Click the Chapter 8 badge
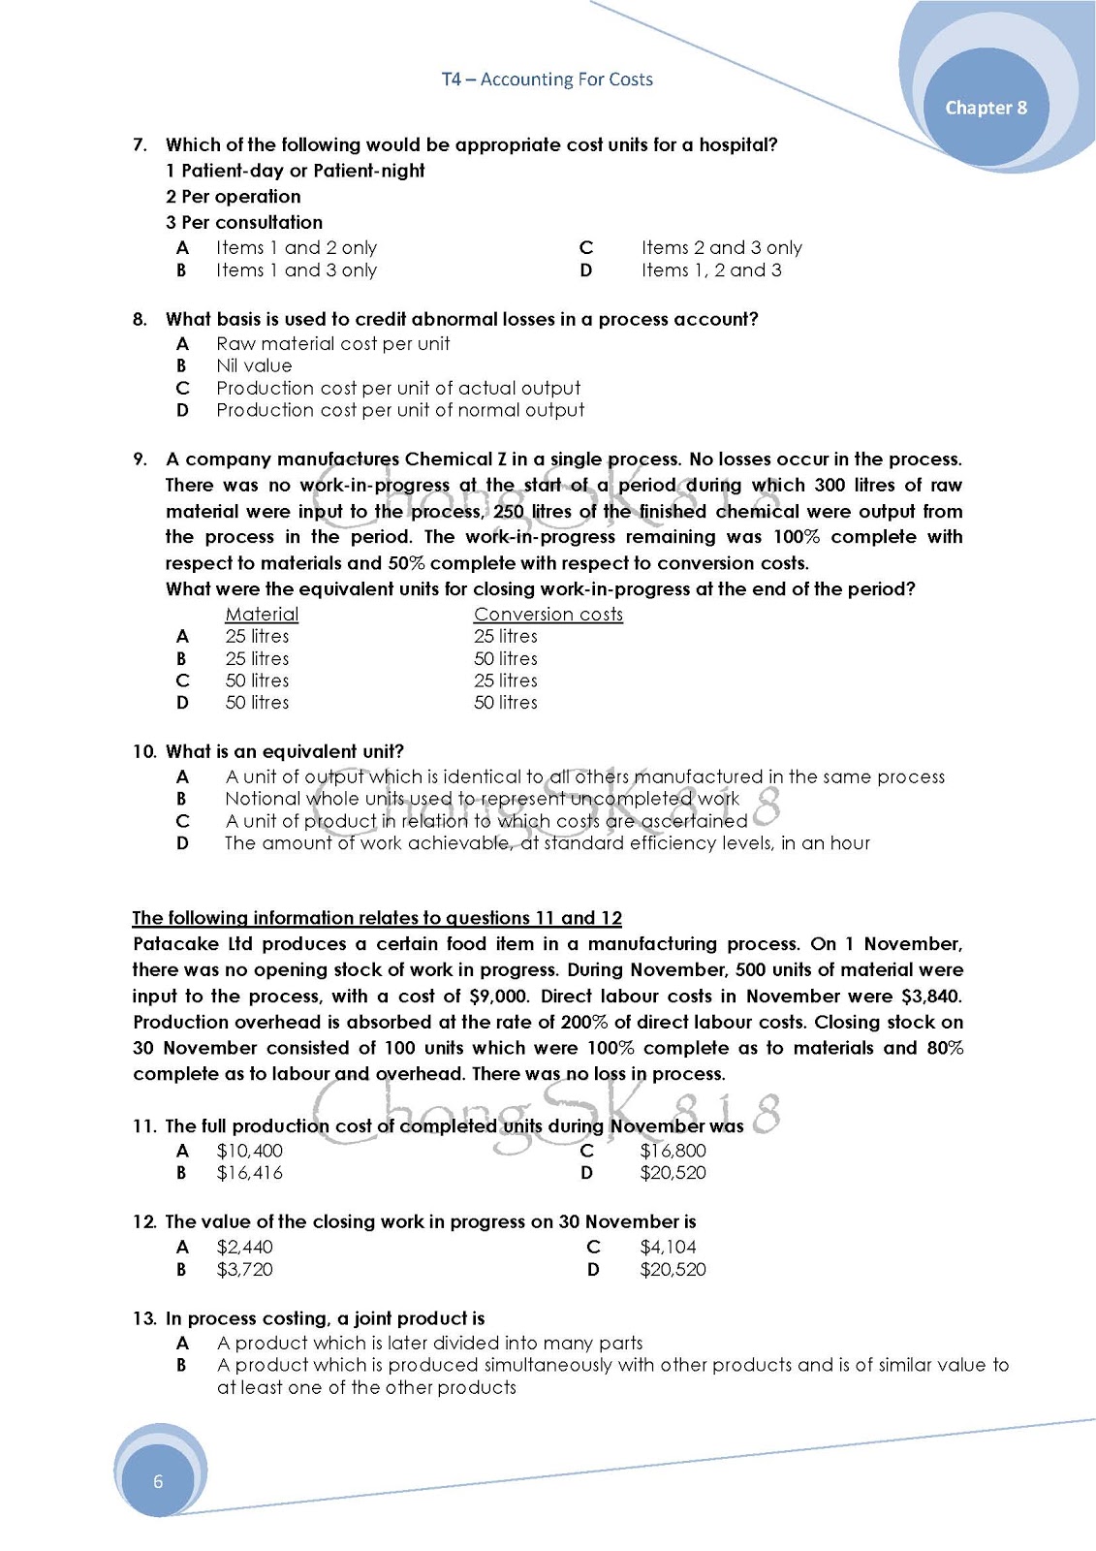point(986,108)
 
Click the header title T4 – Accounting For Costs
point(547,79)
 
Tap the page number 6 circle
point(158,1481)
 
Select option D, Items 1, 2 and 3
point(710,270)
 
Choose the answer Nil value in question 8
point(254,365)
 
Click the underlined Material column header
point(262,614)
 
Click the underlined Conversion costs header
point(548,614)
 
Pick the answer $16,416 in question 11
point(249,1173)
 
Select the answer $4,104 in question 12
point(668,1248)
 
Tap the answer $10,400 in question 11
point(249,1151)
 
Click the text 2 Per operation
point(233,197)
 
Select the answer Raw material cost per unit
point(332,344)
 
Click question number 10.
point(143,751)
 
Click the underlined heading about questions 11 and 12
point(377,918)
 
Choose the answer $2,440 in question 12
point(244,1248)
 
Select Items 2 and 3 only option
point(721,248)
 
